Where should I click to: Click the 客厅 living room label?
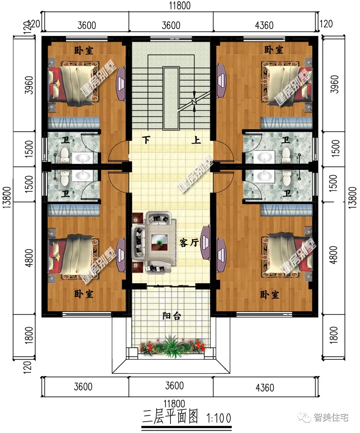pyautogui.click(x=189, y=242)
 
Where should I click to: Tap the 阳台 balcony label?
pyautogui.click(x=171, y=316)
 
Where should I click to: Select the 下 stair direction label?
pyautogui.click(x=146, y=140)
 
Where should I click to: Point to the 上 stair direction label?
pyautogui.click(x=196, y=140)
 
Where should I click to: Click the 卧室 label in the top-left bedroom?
pyautogui.click(x=84, y=50)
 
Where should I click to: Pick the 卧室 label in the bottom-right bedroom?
pyautogui.click(x=269, y=295)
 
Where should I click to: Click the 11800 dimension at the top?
pyautogui.click(x=180, y=6)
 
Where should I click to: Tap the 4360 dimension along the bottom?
pyautogui.click(x=265, y=388)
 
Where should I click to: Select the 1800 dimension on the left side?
pyautogui.click(x=29, y=335)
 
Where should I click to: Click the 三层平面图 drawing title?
pyautogui.click(x=170, y=417)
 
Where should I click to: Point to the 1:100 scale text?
pyautogui.click(x=219, y=418)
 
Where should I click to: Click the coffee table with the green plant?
pyautogui.click(x=159, y=242)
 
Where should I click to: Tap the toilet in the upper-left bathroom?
pyautogui.click(x=64, y=155)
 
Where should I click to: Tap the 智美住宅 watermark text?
pyautogui.click(x=330, y=417)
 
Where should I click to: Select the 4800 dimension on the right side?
pyautogui.click(x=333, y=255)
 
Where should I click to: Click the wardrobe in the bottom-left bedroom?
pyautogui.click(x=74, y=210)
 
